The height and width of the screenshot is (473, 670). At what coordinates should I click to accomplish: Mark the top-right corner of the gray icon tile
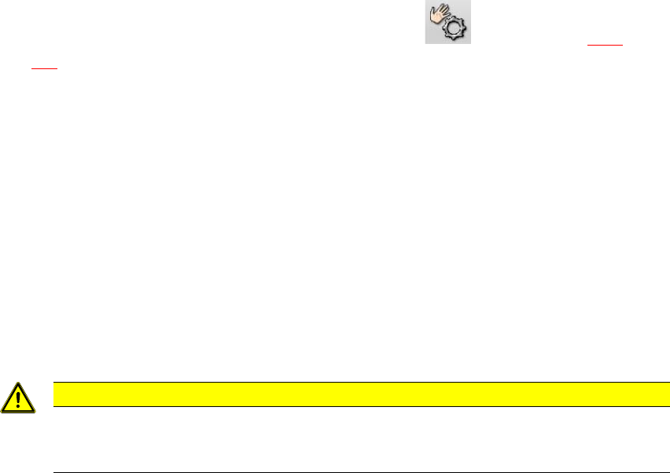(470, 1)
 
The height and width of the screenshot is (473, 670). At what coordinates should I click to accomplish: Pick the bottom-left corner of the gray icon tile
(426, 42)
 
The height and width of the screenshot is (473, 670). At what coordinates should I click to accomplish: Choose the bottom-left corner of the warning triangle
(2, 411)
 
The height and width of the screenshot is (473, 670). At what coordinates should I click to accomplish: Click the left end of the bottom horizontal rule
(53, 472)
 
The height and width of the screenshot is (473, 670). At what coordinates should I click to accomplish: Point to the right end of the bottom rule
(668, 472)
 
